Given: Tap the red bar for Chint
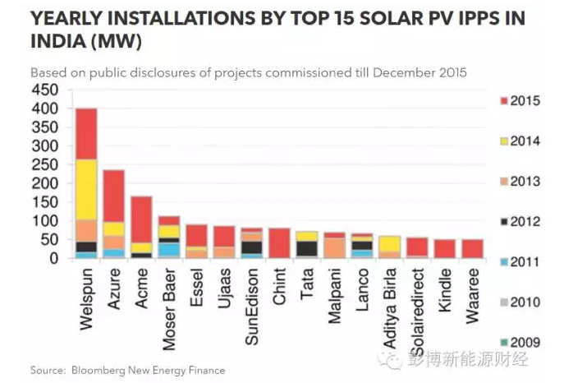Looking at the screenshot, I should point(279,243).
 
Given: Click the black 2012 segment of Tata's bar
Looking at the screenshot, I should point(307,248).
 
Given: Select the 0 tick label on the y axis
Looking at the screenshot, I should point(54,259).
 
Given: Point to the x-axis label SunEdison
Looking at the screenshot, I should point(252,297).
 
